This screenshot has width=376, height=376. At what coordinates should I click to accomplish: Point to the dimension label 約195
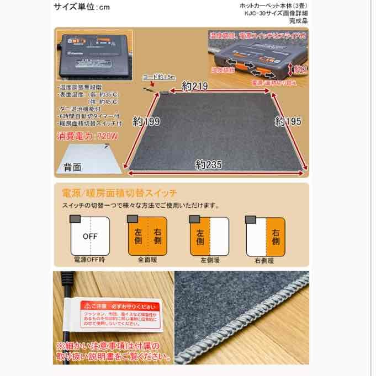pos(288,121)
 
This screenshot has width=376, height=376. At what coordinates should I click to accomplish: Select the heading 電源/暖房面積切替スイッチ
pos(120,194)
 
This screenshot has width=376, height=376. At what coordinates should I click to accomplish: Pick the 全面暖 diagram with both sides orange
pos(147,235)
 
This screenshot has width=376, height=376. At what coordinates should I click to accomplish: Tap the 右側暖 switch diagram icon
pos(266,235)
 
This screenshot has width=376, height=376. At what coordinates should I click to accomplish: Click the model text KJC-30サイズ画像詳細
pos(276,13)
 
